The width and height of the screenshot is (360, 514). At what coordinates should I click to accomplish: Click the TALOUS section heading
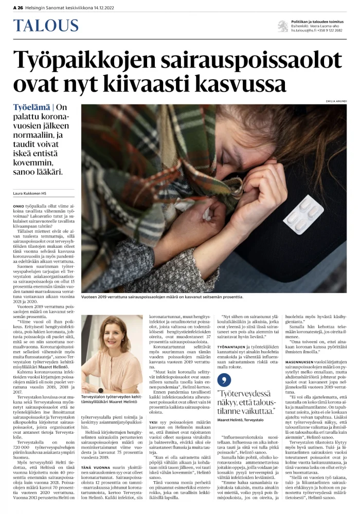tap(46, 26)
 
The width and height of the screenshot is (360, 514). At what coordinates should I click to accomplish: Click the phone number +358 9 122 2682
tap(334, 30)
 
